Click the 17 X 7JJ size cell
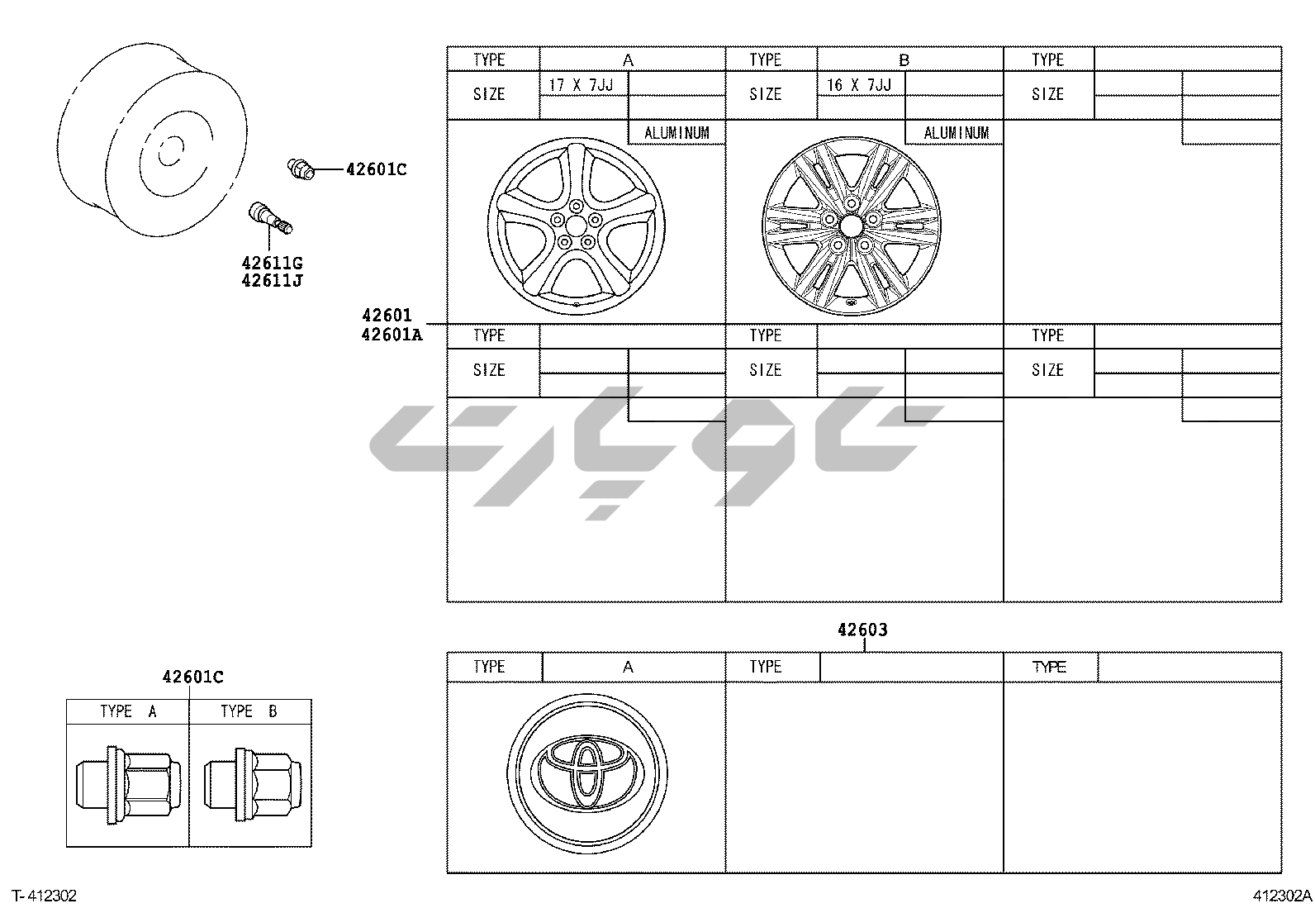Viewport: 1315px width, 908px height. tap(582, 85)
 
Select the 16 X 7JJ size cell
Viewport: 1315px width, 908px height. tap(859, 85)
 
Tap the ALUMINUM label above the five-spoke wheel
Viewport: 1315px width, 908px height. tap(676, 133)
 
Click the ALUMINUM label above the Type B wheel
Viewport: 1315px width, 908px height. tap(957, 133)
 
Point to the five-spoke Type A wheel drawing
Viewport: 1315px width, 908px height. tap(577, 226)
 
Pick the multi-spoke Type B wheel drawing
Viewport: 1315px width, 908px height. tap(851, 226)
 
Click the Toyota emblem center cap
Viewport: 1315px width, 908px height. tap(587, 773)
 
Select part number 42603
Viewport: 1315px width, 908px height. tap(862, 630)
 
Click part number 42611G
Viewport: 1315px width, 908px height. tap(272, 263)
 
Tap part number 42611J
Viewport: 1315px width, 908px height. tap(272, 280)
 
